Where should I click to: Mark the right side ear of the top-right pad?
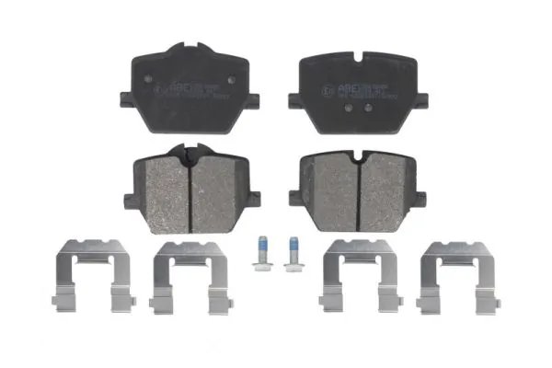point(422,98)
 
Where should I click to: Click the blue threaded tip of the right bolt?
point(293,246)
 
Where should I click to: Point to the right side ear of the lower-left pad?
point(253,197)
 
